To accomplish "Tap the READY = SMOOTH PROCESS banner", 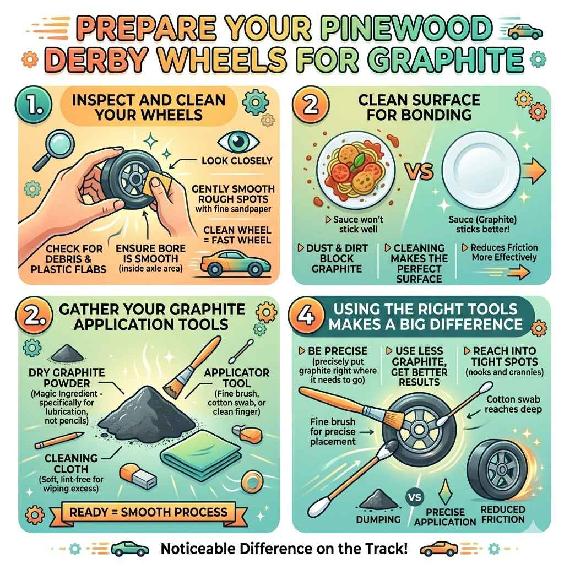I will (149, 512).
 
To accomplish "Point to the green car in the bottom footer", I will (130, 549).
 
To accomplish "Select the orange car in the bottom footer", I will (439, 549).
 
